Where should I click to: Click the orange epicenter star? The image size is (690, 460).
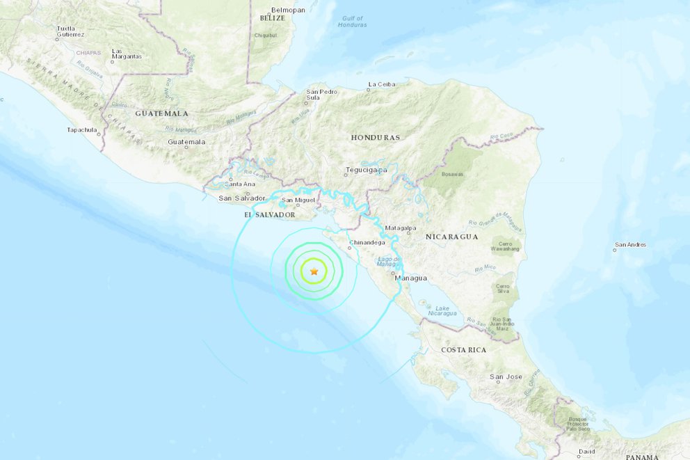[x=314, y=271]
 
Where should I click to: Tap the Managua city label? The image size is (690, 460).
[x=410, y=278]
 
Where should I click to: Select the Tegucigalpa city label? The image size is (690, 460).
[x=366, y=170]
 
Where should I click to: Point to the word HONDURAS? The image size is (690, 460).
[x=376, y=138]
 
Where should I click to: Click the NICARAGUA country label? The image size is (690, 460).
[x=452, y=237]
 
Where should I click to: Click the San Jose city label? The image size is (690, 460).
[x=506, y=376]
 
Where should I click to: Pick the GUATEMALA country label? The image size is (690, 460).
[x=162, y=113]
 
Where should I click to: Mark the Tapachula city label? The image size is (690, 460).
[x=82, y=129]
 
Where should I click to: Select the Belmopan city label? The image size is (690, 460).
[x=289, y=10]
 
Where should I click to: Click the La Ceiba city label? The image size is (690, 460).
[x=382, y=84]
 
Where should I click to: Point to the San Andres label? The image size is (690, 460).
[x=631, y=244]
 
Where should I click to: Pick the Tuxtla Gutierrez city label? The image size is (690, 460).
[x=71, y=31]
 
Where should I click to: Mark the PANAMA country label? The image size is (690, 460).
[x=642, y=457]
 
